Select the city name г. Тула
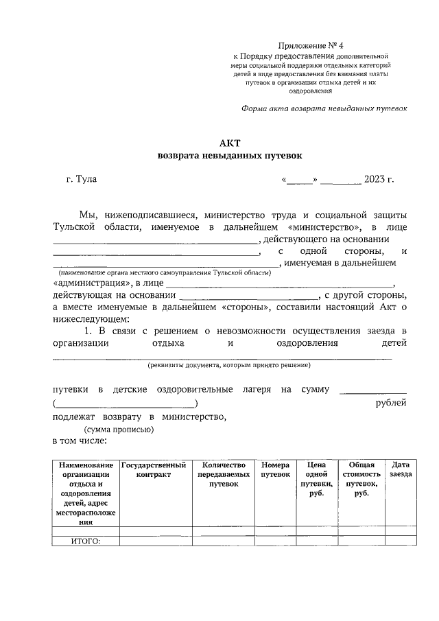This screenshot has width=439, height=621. click(x=82, y=180)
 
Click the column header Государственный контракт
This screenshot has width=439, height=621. click(x=155, y=470)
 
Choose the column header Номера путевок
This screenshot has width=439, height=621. click(x=276, y=470)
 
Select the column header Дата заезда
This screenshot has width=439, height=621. click(x=401, y=470)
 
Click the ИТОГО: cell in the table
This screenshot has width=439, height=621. click(x=86, y=541)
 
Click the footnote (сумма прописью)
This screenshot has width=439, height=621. click(x=115, y=430)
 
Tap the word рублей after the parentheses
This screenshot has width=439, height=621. click(x=391, y=403)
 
